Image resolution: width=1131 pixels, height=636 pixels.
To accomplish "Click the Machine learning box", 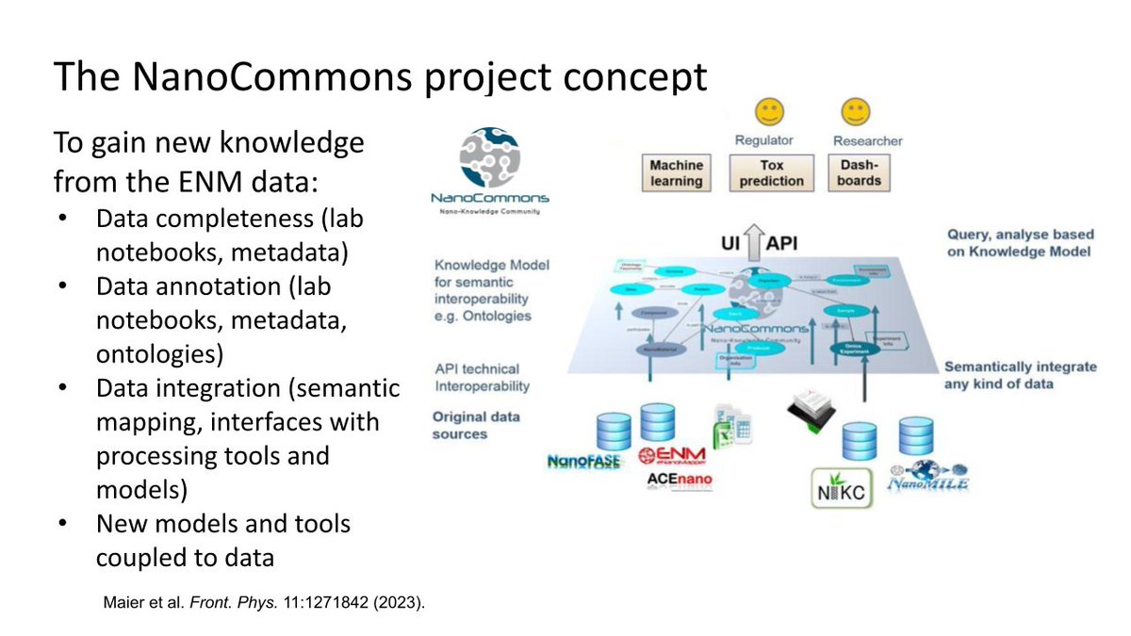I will (x=677, y=172).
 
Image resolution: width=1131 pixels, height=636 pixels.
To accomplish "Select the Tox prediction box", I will (x=770, y=172).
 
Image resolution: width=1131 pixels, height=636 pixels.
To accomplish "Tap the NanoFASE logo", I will (x=584, y=462).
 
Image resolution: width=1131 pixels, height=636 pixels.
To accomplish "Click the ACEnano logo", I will (x=680, y=481).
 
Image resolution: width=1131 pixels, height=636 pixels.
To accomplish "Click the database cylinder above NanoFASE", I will (x=613, y=432).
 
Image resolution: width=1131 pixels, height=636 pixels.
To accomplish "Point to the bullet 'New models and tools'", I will (x=222, y=523).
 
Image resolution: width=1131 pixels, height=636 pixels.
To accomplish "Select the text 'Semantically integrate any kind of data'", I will (x=1020, y=374).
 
